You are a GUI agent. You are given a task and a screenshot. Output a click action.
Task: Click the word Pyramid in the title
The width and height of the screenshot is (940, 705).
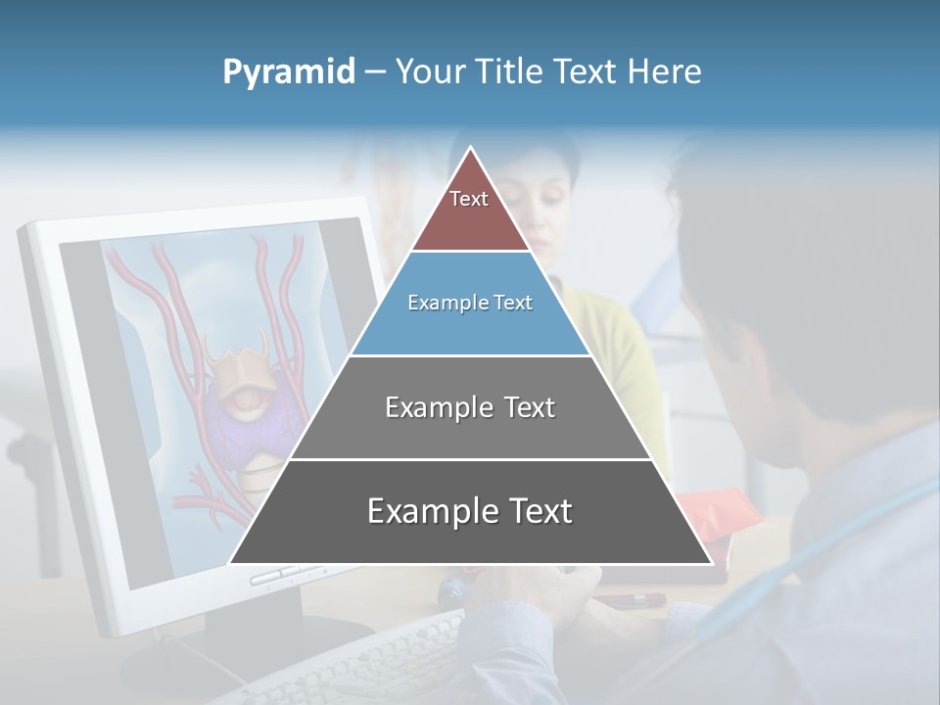(288, 72)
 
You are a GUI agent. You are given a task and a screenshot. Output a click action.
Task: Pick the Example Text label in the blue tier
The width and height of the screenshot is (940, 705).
(470, 303)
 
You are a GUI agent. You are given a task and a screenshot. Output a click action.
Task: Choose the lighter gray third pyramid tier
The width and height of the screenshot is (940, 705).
(470, 431)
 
